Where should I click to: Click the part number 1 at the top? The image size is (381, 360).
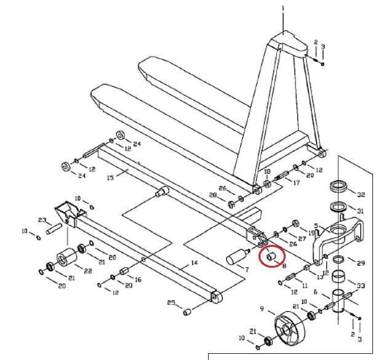click(283, 8)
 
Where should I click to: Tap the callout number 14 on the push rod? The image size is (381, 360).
click(194, 263)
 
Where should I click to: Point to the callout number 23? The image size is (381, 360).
click(42, 220)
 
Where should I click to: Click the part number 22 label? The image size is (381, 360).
click(88, 270)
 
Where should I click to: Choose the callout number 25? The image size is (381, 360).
click(172, 303)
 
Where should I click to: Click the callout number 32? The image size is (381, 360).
click(361, 193)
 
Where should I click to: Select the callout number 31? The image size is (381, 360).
click(361, 210)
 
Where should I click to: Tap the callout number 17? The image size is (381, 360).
click(296, 183)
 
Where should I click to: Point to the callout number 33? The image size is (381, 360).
click(361, 286)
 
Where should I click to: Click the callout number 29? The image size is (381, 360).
click(361, 263)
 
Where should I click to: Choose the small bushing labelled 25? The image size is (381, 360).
click(186, 312)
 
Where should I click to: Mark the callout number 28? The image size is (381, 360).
click(214, 195)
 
